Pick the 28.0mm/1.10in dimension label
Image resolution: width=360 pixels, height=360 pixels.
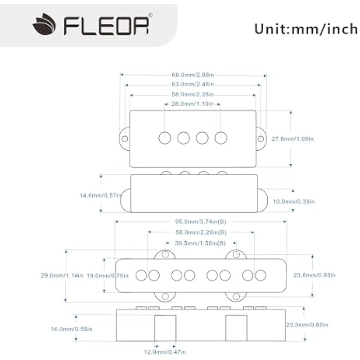pyautogui.click(x=193, y=104)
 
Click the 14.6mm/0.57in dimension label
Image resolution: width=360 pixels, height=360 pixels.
pyautogui.click(x=100, y=195)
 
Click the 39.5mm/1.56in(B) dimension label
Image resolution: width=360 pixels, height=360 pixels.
pyautogui.click(x=201, y=243)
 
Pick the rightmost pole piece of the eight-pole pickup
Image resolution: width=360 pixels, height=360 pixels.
pyautogui.click(x=260, y=275)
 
